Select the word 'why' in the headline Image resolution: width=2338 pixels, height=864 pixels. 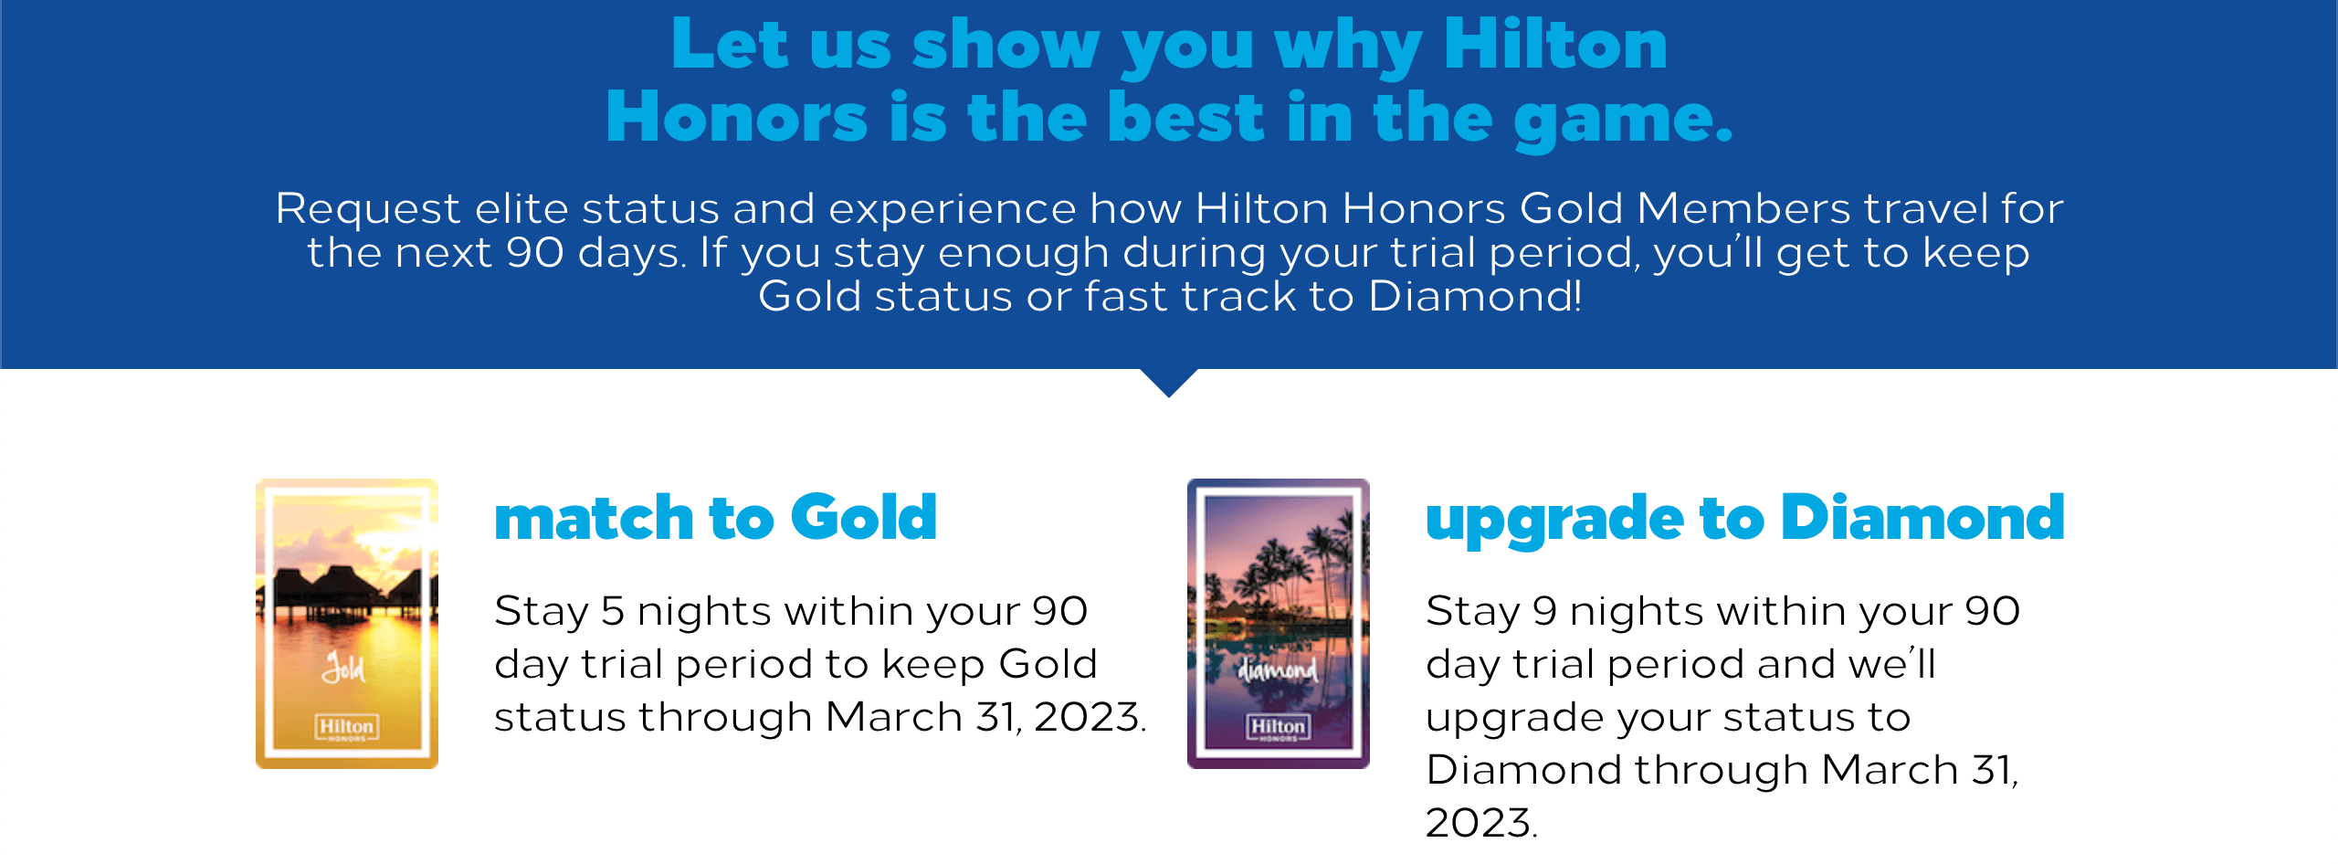click(1348, 46)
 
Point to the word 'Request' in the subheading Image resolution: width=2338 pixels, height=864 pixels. click(367, 210)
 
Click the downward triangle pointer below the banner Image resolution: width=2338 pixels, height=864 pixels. click(1169, 382)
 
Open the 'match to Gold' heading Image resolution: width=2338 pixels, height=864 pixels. click(715, 518)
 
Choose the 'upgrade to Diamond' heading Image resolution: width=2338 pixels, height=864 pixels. click(1744, 518)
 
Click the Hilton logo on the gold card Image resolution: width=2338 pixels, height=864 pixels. click(346, 727)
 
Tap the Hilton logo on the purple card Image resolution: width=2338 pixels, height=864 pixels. click(1278, 727)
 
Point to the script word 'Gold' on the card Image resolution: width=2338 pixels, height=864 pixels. click(343, 669)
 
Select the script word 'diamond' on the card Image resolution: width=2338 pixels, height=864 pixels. click(1278, 670)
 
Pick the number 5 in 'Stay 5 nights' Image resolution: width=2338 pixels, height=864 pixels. click(612, 611)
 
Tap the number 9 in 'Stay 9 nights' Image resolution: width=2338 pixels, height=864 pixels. click(1543, 611)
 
